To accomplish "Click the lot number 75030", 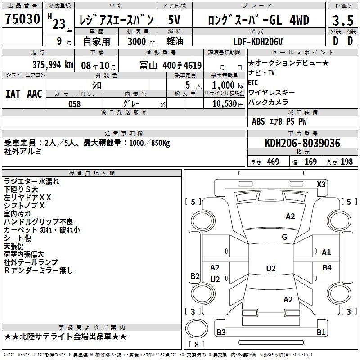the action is (x=22, y=18).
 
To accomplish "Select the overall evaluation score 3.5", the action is (x=343, y=20).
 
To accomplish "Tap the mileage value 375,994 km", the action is (x=53, y=65).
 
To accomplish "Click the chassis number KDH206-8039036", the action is (x=302, y=143).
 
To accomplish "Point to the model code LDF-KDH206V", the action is (x=258, y=41).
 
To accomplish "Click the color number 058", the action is (x=75, y=104).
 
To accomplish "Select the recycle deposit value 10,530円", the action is (x=228, y=104).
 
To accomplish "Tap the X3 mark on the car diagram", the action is (x=321, y=184).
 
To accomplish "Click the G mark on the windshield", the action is (x=284, y=237).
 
